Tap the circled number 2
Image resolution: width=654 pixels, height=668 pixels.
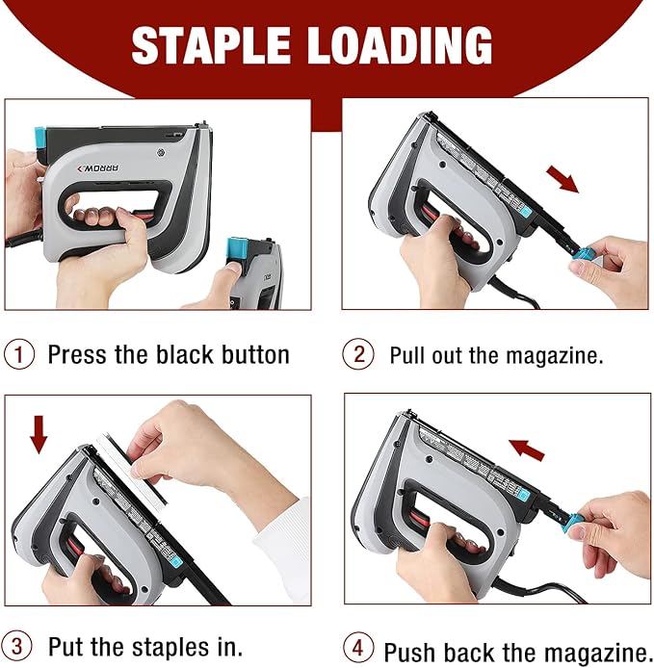pos(358,354)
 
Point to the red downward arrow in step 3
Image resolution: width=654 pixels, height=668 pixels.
pos(38,432)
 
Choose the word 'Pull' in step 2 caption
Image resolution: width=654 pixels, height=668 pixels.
pos(407,354)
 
